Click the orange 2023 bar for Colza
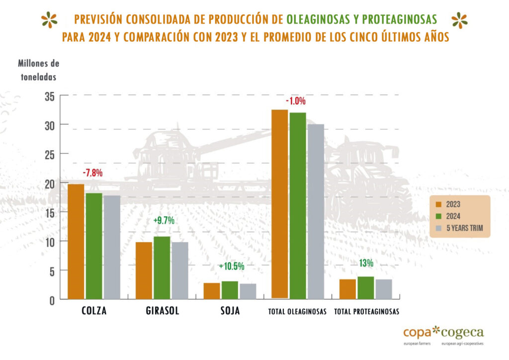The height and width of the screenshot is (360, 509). tap(76, 242)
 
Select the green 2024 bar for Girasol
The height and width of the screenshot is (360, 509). tap(162, 268)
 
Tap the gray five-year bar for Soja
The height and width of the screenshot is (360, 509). tap(248, 291)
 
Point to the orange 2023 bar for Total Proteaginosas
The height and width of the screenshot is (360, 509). tap(347, 289)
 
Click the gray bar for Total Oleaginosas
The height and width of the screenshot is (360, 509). tap(316, 212)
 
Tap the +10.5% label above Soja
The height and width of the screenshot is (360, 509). tap(232, 266)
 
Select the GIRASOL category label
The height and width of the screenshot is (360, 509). tap(163, 311)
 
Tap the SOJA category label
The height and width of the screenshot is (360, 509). tap(230, 311)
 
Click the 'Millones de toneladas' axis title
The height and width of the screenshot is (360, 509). tap(38, 70)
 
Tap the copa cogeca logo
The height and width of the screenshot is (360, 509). tap(443, 334)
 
